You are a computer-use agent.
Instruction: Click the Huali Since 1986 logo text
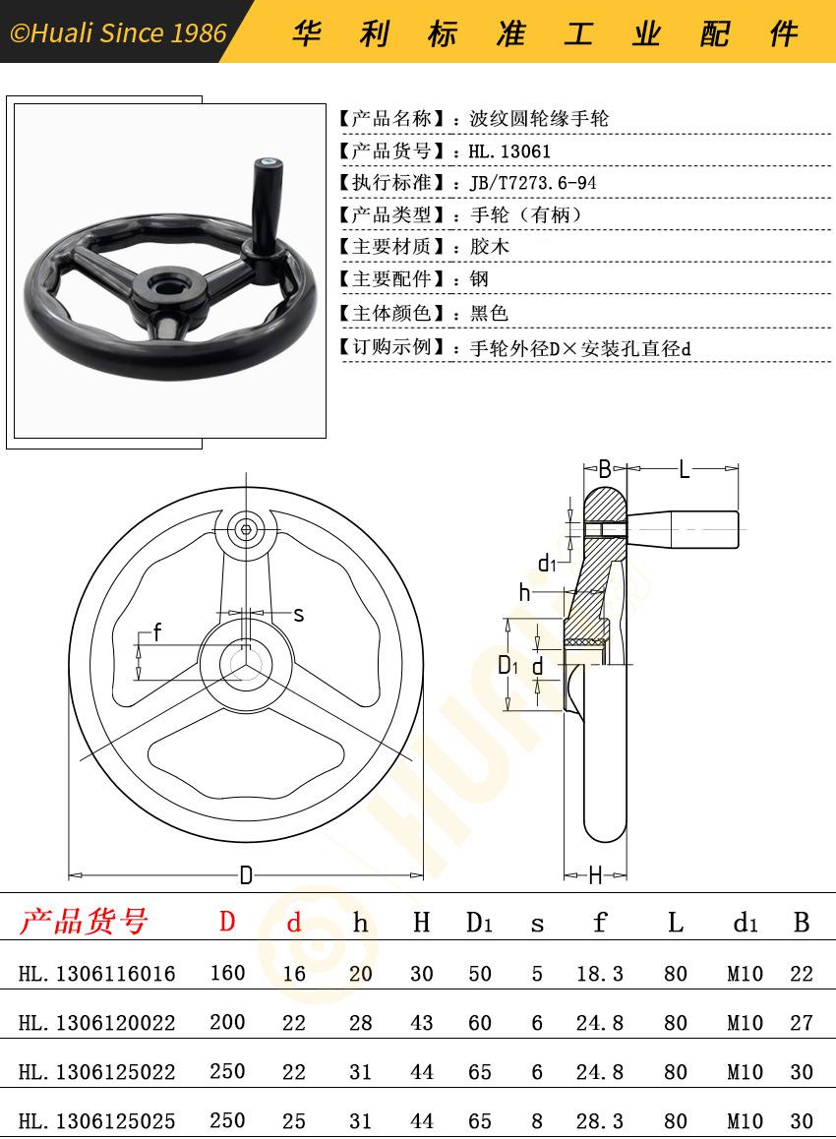[x=118, y=32]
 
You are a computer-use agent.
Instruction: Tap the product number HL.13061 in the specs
[x=509, y=151]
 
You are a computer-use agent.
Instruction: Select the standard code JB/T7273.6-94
[x=533, y=183]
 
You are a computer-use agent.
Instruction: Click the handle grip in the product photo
[x=265, y=204]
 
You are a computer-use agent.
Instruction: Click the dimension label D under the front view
[x=246, y=875]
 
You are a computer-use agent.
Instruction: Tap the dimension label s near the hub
[x=299, y=615]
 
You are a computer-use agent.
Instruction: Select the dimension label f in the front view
[x=157, y=632]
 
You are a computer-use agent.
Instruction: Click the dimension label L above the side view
[x=684, y=469]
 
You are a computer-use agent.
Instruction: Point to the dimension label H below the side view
[x=596, y=875]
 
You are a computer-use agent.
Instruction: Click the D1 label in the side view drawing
[x=507, y=665]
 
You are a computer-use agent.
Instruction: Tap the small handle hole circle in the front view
[x=246, y=530]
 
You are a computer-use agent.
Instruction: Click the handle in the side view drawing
[x=683, y=529]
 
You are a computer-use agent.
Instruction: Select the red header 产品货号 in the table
[x=84, y=921]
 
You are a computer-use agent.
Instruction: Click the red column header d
[x=293, y=922]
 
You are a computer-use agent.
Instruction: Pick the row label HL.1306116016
[x=96, y=974]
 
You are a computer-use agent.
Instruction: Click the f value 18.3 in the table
[x=600, y=974]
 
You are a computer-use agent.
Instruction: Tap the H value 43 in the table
[x=421, y=1023]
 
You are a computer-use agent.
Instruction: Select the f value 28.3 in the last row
[x=600, y=1121]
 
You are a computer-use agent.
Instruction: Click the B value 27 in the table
[x=802, y=1023]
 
